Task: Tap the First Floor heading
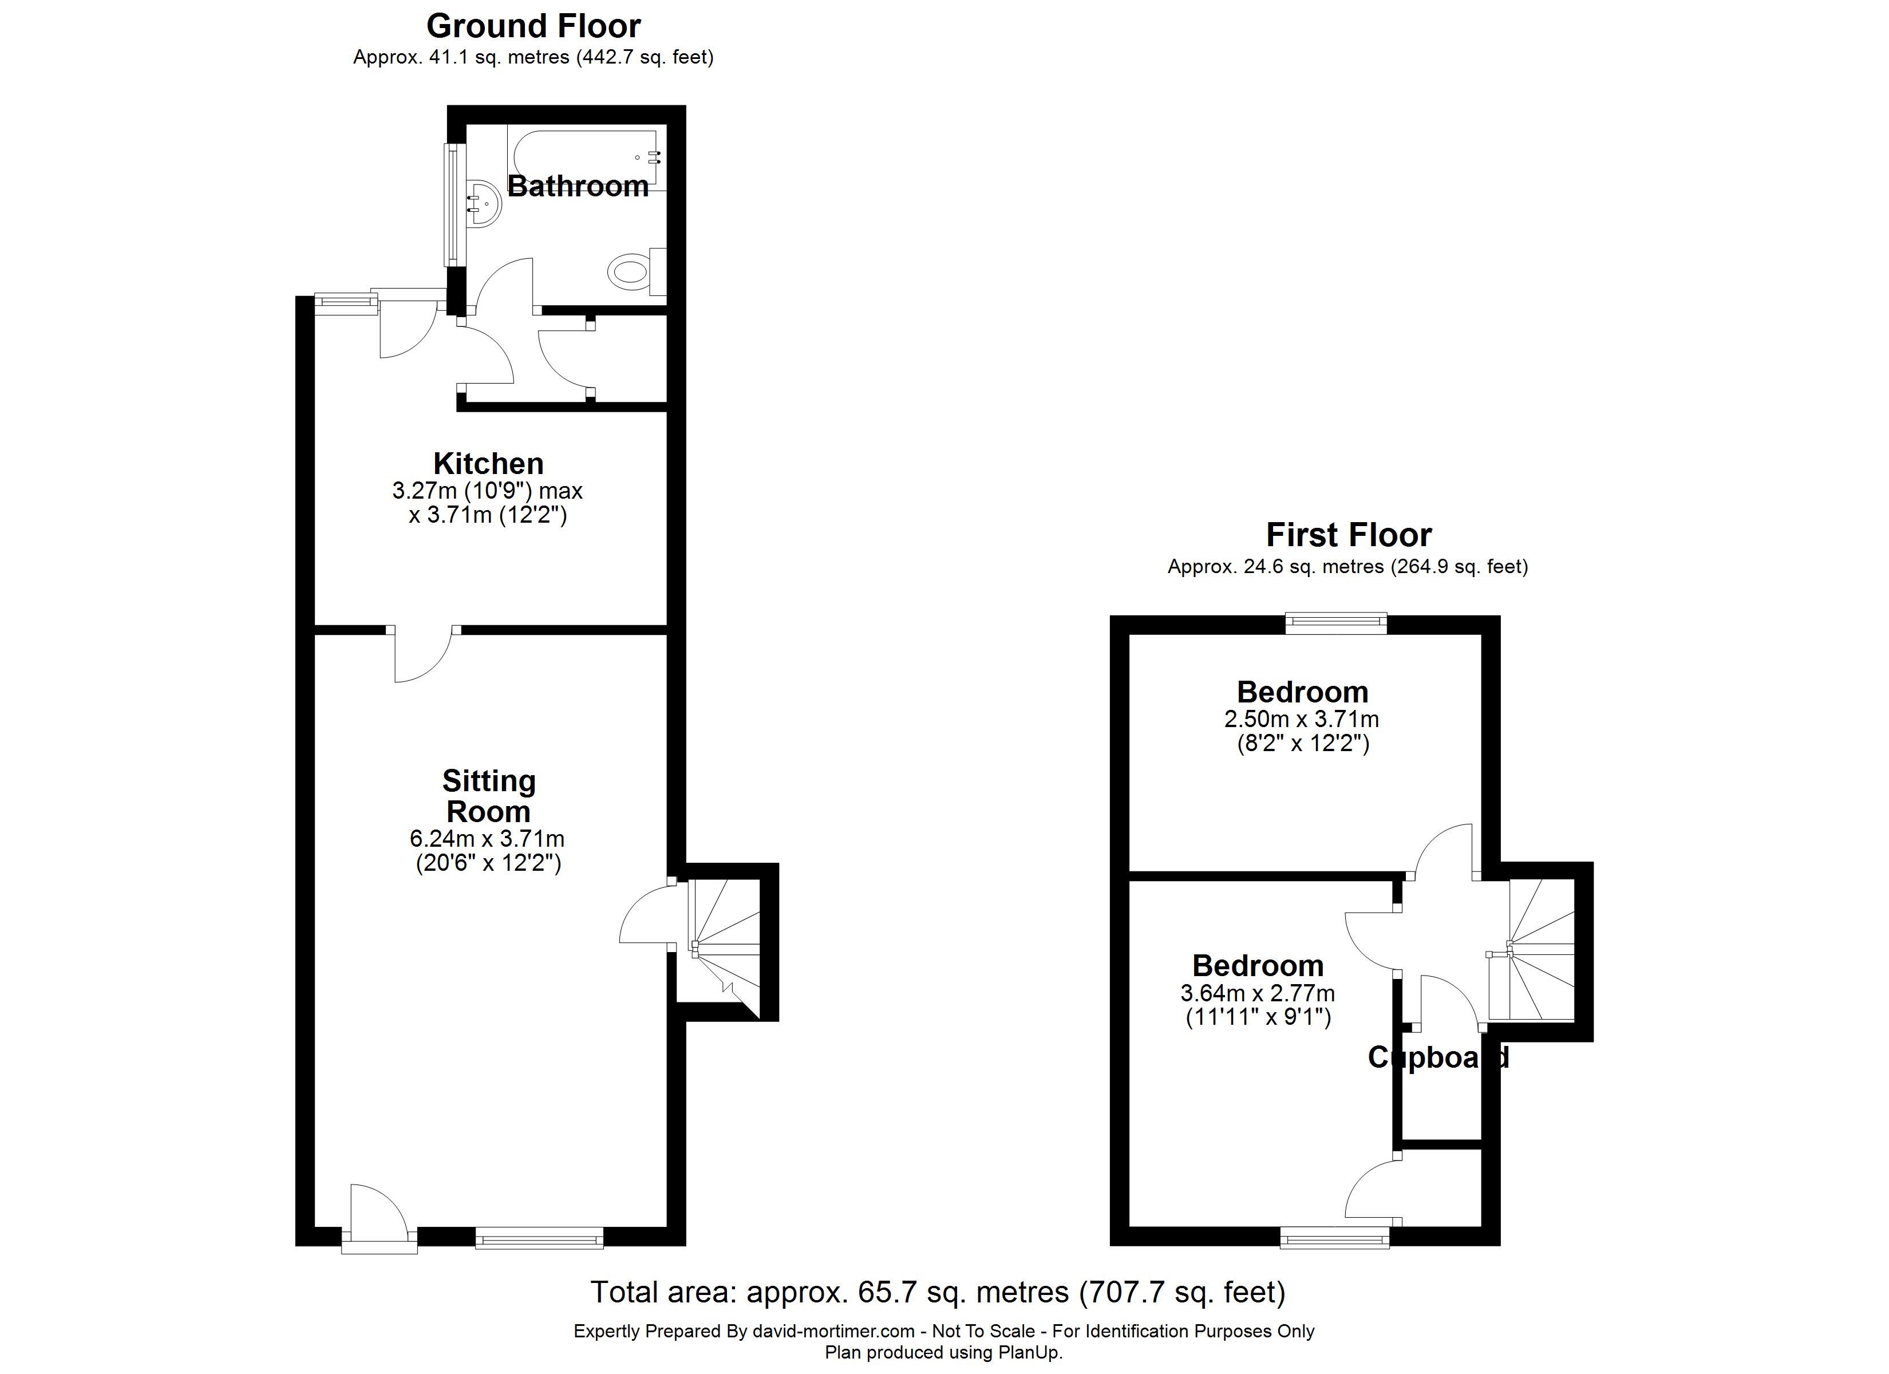(1349, 534)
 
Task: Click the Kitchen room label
(488, 463)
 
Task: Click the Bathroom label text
(578, 186)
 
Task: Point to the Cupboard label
(1439, 1057)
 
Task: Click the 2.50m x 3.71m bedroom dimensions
(1302, 718)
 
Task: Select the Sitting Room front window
(540, 1237)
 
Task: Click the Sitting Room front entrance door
(379, 1219)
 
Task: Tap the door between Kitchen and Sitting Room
(423, 654)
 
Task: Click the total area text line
(938, 1292)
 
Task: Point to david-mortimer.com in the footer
(833, 1332)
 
